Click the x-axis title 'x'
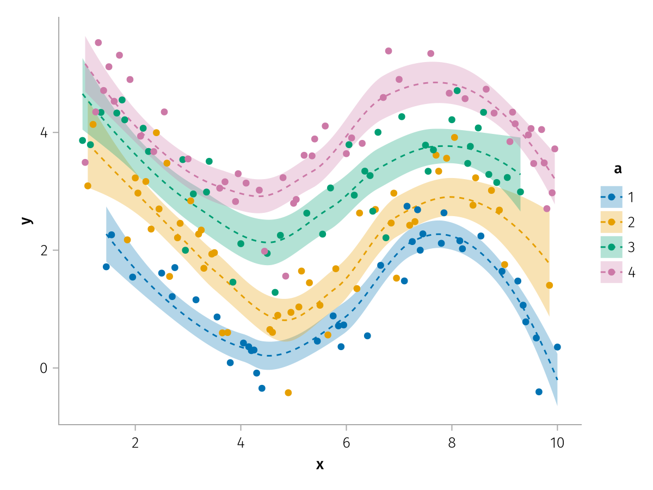pyautogui.click(x=320, y=464)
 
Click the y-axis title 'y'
pyautogui.click(x=25, y=220)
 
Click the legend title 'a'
pyautogui.click(x=617, y=169)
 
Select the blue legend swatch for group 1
pyautogui.click(x=611, y=197)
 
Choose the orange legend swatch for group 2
pyautogui.click(x=611, y=222)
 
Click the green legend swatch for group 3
pyautogui.click(x=611, y=247)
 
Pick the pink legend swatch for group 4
pyautogui.click(x=611, y=272)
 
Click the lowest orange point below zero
pyautogui.click(x=288, y=393)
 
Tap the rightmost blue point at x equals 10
pyautogui.click(x=557, y=347)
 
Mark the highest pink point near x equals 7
pyautogui.click(x=389, y=51)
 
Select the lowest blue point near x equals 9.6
pyautogui.click(x=539, y=391)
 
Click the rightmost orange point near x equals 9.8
pyautogui.click(x=550, y=285)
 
